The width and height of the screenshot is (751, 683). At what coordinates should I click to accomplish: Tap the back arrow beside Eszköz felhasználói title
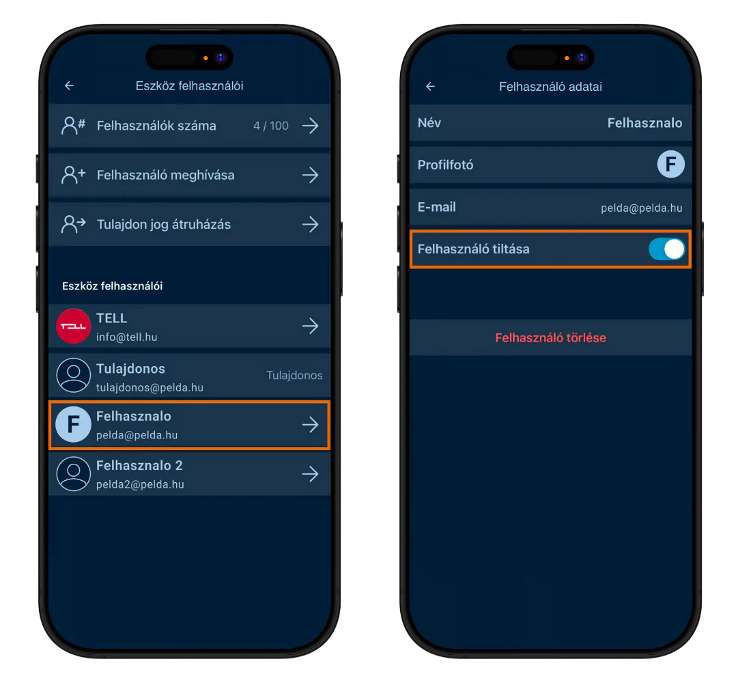coord(70,86)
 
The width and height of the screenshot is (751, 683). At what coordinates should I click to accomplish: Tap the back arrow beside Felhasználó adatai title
coord(431,86)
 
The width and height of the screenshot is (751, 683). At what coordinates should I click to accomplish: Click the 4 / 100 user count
coord(271,126)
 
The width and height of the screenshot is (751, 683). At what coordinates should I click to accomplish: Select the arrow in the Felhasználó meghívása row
coord(311,175)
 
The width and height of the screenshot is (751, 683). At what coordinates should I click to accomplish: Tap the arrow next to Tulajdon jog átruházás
coord(311,224)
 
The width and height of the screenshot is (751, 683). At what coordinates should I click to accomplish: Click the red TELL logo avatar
coord(73,326)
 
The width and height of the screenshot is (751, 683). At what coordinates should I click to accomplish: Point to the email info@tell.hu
coord(126,337)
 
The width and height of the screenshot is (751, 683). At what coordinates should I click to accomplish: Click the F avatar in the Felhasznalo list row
coord(73,424)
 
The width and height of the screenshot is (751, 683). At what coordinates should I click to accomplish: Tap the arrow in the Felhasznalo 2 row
coord(311,474)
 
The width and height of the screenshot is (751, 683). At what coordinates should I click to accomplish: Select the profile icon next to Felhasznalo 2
coord(73,474)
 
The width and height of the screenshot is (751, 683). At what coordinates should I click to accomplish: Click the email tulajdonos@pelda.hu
coord(150,387)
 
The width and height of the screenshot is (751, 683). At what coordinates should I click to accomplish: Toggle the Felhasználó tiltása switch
coord(667,249)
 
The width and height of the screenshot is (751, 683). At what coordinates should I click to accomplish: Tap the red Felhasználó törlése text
coord(550,338)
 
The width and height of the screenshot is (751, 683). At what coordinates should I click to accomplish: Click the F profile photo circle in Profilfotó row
coord(670,165)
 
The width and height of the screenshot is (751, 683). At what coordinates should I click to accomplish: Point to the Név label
coord(429,123)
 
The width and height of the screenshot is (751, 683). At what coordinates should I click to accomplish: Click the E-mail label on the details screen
coord(437,207)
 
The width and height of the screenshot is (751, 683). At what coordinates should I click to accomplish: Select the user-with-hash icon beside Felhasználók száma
coord(73,126)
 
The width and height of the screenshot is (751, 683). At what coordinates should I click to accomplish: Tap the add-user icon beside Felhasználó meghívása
coord(73,175)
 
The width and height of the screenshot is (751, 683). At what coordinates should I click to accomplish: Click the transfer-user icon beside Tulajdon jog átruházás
coord(73,224)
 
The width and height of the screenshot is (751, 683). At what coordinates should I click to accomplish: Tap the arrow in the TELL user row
coord(311,326)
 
